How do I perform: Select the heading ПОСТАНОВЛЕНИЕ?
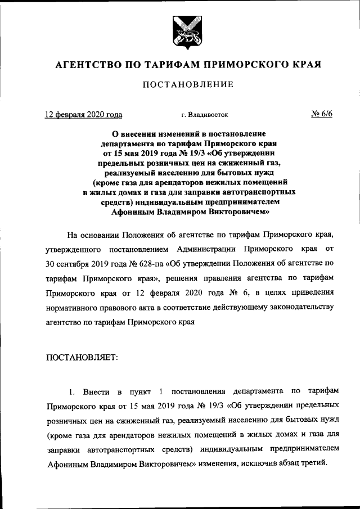point(180,85)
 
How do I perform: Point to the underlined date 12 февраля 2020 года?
point(83,115)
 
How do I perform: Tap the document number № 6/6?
point(322,114)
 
